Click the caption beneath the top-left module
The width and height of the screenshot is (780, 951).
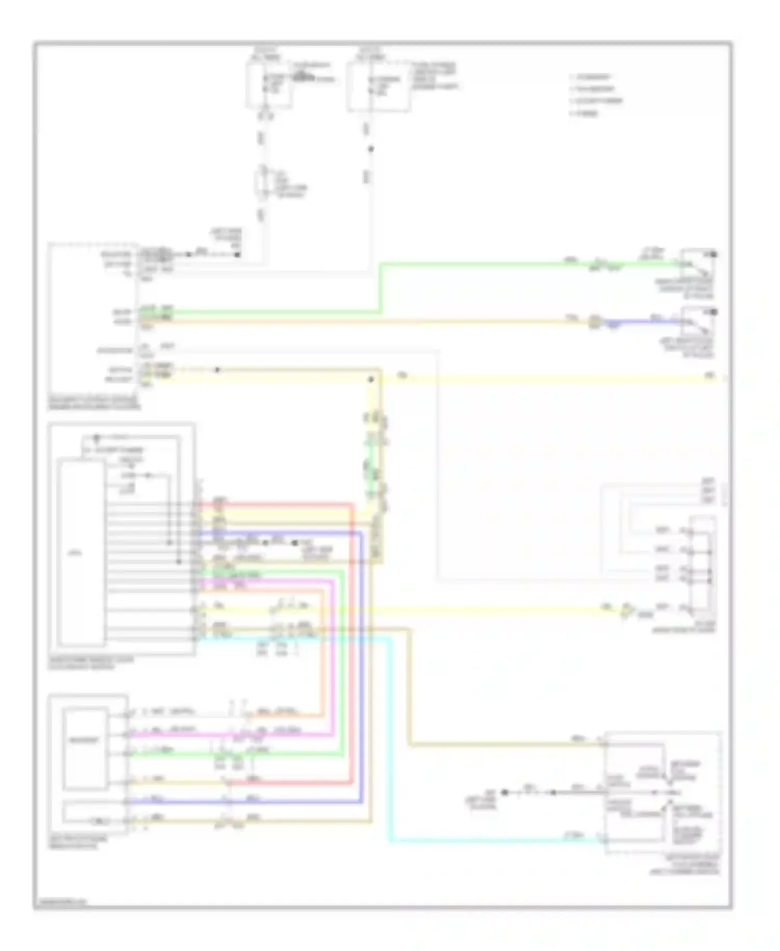pos(94,403)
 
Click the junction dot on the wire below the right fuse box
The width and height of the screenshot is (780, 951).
pos(371,149)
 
